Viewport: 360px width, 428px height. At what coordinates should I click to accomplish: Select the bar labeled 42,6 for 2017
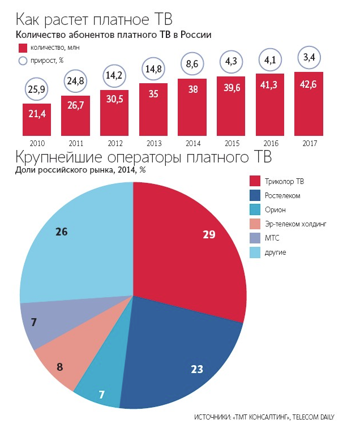[x=308, y=104]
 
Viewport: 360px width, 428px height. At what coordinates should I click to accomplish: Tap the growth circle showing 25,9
[x=37, y=89]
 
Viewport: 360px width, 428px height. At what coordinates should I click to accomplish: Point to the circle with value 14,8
[x=153, y=70]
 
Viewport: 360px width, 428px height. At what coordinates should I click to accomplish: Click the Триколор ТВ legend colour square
[x=255, y=181]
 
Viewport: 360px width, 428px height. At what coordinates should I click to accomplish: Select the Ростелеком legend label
[x=282, y=195]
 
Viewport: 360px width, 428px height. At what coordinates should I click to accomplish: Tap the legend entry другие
[x=276, y=252]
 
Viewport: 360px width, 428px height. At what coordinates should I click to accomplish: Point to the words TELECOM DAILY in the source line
[x=324, y=418]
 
